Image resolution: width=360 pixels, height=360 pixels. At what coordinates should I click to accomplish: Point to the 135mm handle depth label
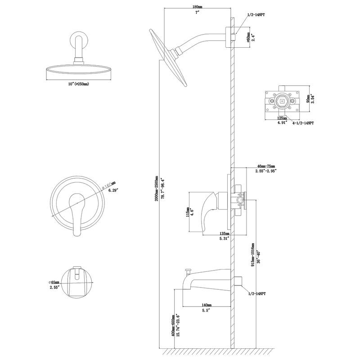click(x=224, y=234)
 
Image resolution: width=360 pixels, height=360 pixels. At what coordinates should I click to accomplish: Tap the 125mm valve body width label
click(x=282, y=118)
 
